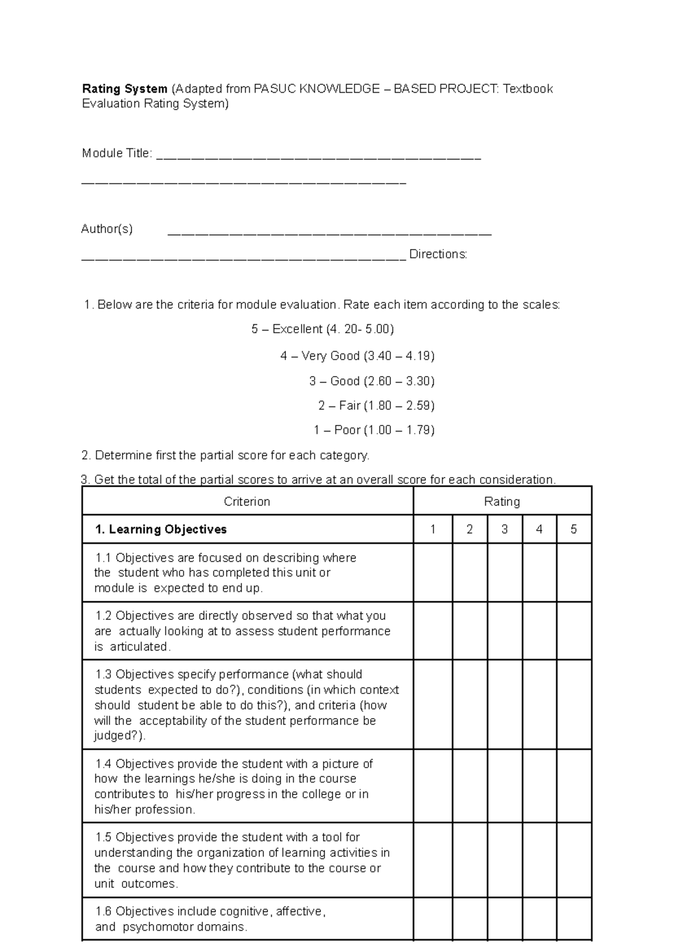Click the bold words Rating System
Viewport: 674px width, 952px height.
click(x=125, y=89)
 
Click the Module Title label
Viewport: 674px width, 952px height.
click(x=116, y=153)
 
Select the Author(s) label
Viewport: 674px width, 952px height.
click(x=107, y=229)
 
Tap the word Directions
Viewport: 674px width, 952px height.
click(x=438, y=254)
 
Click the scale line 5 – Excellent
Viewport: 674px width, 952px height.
click(x=322, y=329)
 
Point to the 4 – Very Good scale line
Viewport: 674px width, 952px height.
click(x=357, y=356)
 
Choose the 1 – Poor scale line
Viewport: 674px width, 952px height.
click(x=374, y=430)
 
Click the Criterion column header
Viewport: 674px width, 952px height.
click(x=247, y=501)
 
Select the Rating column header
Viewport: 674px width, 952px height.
click(x=502, y=501)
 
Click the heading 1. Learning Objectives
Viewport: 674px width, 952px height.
click(x=161, y=529)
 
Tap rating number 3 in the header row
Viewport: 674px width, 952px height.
click(x=504, y=529)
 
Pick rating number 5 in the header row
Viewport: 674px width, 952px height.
click(x=573, y=529)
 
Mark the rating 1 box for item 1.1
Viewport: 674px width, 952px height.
click(x=432, y=573)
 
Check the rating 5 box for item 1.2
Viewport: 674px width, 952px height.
click(x=573, y=631)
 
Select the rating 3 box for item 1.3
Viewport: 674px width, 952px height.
click(x=504, y=704)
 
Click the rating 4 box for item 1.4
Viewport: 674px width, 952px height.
click(x=539, y=786)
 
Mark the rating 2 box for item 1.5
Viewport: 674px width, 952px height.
click(x=470, y=860)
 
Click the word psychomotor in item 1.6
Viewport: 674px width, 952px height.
click(x=154, y=927)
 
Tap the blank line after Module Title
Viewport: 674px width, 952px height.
click(x=318, y=158)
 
